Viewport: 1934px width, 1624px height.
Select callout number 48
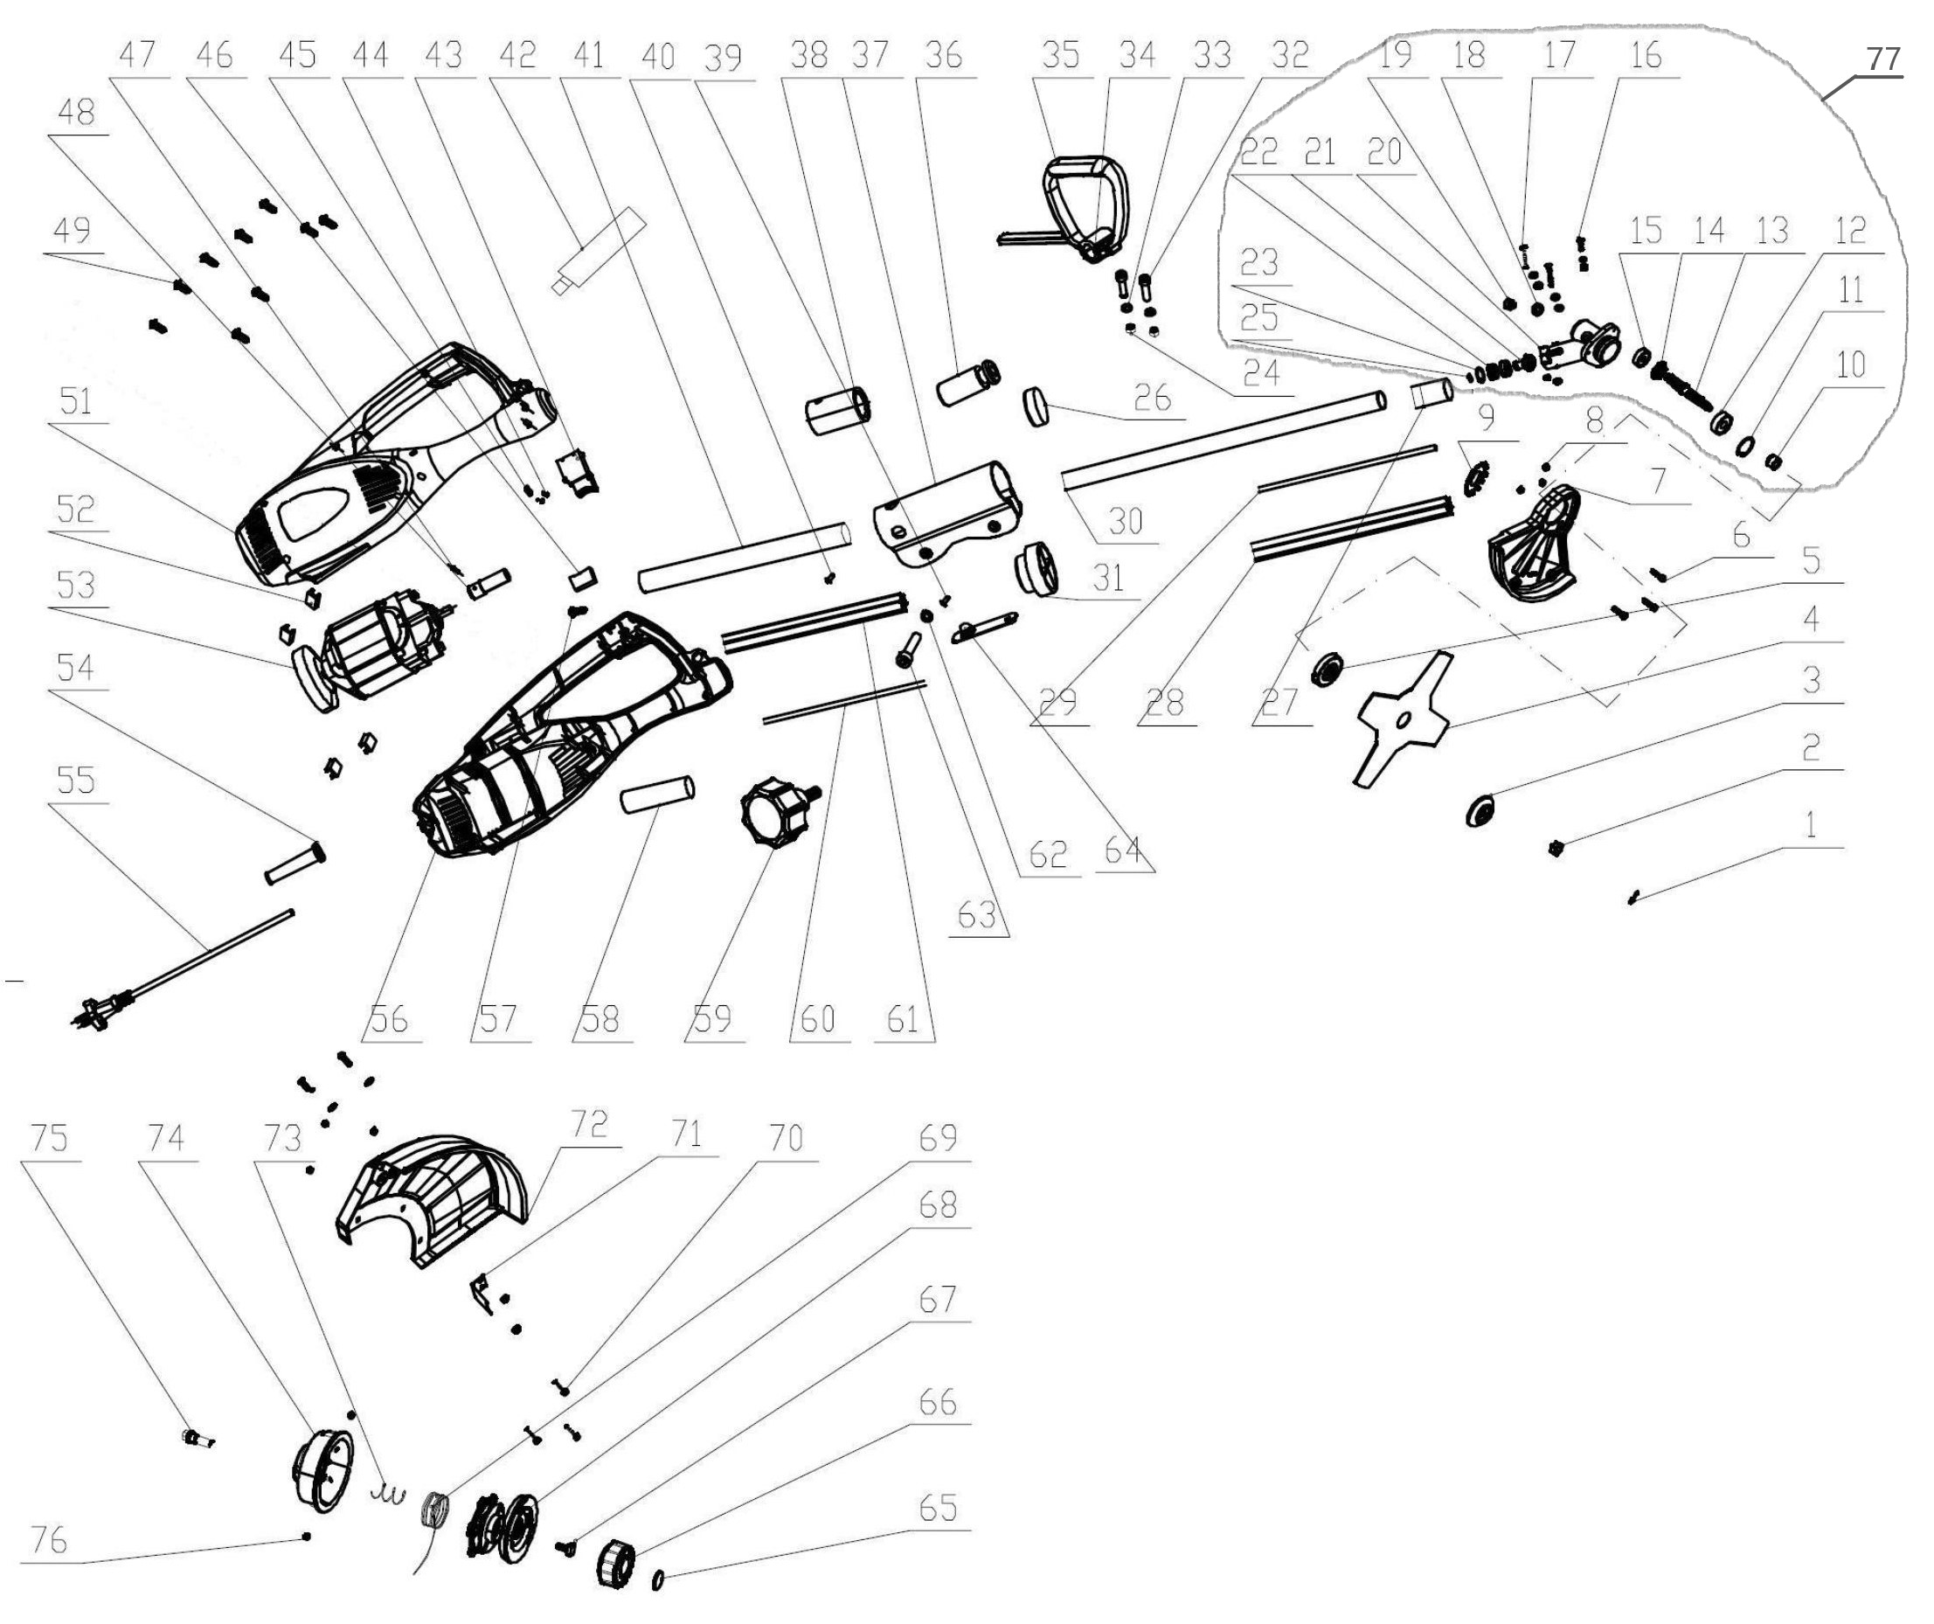(75, 114)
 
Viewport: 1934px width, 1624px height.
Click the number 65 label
(938, 1509)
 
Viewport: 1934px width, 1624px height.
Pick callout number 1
(1810, 824)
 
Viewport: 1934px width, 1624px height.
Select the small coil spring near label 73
(389, 1495)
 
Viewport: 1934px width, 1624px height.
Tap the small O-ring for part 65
(658, 1579)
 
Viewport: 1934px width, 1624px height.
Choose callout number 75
(50, 1139)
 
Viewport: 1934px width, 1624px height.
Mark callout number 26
(1152, 398)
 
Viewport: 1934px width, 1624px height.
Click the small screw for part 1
(1632, 895)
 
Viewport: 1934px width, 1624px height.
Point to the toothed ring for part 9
(1474, 478)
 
